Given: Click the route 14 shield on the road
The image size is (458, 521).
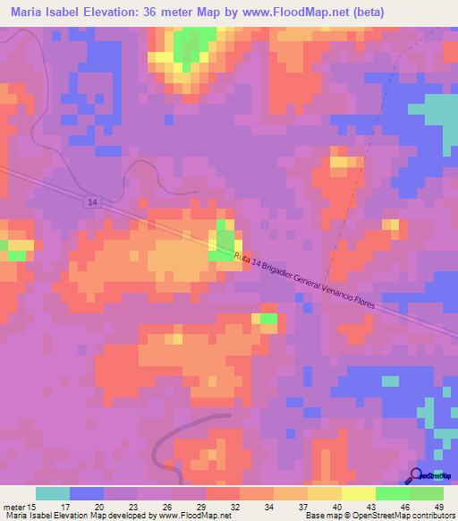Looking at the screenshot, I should point(93,203).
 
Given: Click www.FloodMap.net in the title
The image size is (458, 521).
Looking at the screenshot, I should point(317,13).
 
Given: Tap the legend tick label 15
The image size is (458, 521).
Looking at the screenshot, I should point(32,507).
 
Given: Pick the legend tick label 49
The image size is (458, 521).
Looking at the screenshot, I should point(439,507).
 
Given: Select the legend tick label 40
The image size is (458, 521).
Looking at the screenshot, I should point(337,507).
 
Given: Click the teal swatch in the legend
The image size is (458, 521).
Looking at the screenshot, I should point(53,493).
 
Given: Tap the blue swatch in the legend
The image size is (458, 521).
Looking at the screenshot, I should point(87,493).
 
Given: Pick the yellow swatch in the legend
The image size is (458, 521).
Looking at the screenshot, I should point(359,493).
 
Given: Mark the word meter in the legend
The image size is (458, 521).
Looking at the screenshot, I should point(13,507).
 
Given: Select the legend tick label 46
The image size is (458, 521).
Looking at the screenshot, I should point(405,507).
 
